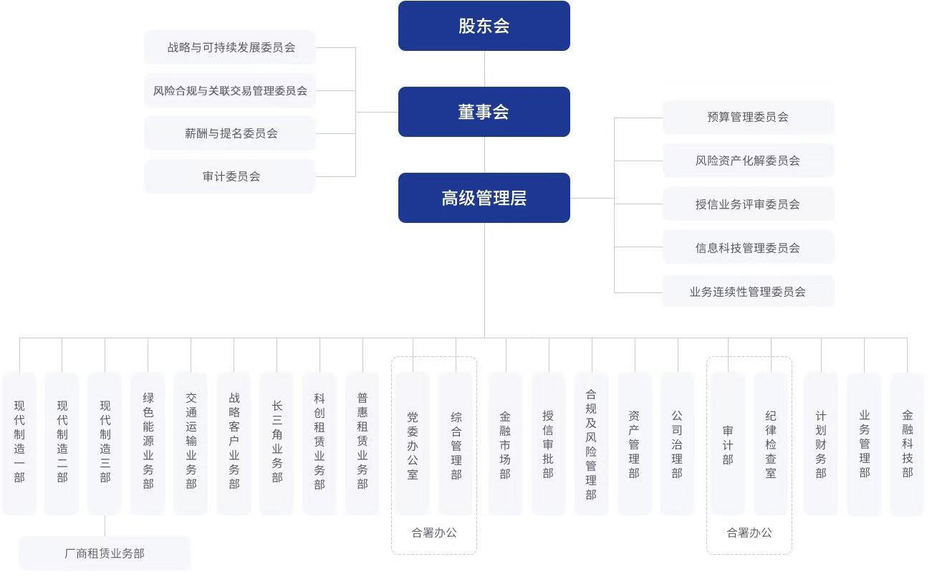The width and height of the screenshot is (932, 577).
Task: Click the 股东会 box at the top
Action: (484, 26)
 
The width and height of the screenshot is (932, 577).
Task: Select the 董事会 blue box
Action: (484, 112)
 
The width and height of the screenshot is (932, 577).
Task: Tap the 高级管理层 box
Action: (484, 198)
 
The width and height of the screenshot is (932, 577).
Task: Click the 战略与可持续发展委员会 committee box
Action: (231, 47)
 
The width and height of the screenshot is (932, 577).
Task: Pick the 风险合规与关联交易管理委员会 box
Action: (231, 90)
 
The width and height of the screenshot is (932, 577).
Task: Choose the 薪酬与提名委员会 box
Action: (231, 133)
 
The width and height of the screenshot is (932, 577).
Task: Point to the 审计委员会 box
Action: (231, 176)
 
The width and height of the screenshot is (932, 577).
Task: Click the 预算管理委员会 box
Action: (748, 117)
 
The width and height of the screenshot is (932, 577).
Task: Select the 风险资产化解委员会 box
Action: (748, 161)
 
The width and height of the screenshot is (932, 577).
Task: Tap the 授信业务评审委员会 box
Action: (748, 204)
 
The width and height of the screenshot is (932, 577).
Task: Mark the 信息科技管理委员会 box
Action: (748, 248)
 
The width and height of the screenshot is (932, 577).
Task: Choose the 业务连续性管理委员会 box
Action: (748, 292)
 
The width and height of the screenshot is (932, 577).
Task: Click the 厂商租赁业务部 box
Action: (105, 553)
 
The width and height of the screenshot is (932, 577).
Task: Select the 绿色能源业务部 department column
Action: (148, 443)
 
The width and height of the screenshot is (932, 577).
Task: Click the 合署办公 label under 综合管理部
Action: (434, 533)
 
